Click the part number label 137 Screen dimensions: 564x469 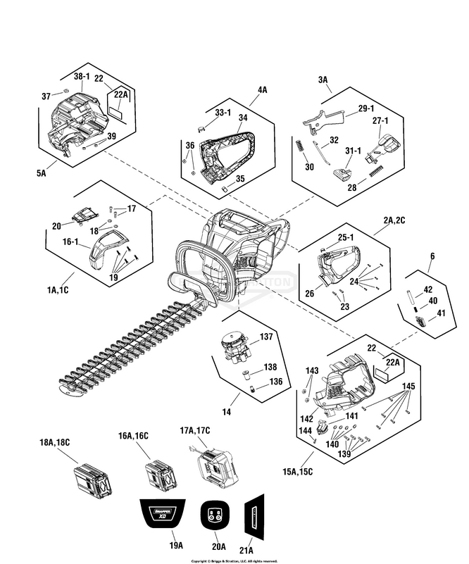pyautogui.click(x=265, y=337)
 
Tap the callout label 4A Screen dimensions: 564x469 pyautogui.click(x=263, y=90)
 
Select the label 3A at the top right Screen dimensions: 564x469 pyautogui.click(x=323, y=81)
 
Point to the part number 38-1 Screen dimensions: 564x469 pyautogui.click(x=82, y=76)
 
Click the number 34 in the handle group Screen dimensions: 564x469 pyautogui.click(x=243, y=118)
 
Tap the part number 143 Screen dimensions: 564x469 pyautogui.click(x=312, y=370)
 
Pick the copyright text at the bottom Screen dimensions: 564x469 pyautogui.click(x=234, y=560)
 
